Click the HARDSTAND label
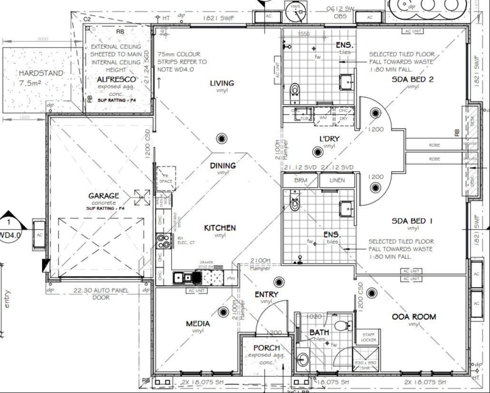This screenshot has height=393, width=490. click(x=40, y=73)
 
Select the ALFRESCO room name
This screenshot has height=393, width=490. click(x=116, y=79)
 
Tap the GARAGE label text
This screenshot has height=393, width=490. click(x=103, y=196)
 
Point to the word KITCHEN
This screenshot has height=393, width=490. click(x=220, y=228)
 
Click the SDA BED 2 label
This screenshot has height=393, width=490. click(x=412, y=79)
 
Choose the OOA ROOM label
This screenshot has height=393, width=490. click(x=413, y=317)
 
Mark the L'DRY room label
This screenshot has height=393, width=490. click(x=328, y=139)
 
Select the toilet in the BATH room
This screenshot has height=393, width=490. click(x=340, y=326)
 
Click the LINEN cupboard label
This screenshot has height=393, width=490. click(x=337, y=181)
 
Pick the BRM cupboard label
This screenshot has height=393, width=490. click(x=300, y=181)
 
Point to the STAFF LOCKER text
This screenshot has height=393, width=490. click(x=369, y=337)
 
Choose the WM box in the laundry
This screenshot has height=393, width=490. click(x=323, y=117)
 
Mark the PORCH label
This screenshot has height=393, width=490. click(x=266, y=348)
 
